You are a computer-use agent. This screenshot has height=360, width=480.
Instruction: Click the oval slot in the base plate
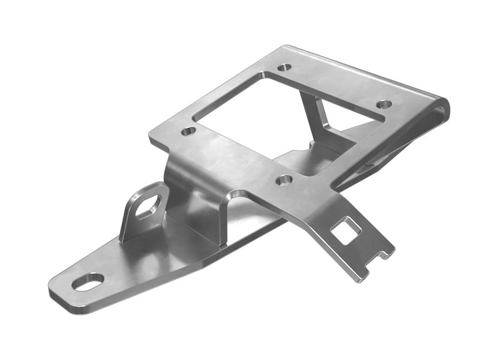pos(88,281)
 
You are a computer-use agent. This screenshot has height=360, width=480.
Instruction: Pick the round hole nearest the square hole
pos(284,179)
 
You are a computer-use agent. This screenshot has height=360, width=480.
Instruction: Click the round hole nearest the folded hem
pos(384,104)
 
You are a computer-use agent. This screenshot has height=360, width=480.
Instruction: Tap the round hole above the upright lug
pos(188,130)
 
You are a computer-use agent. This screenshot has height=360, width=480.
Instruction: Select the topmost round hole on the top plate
pos(284,67)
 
